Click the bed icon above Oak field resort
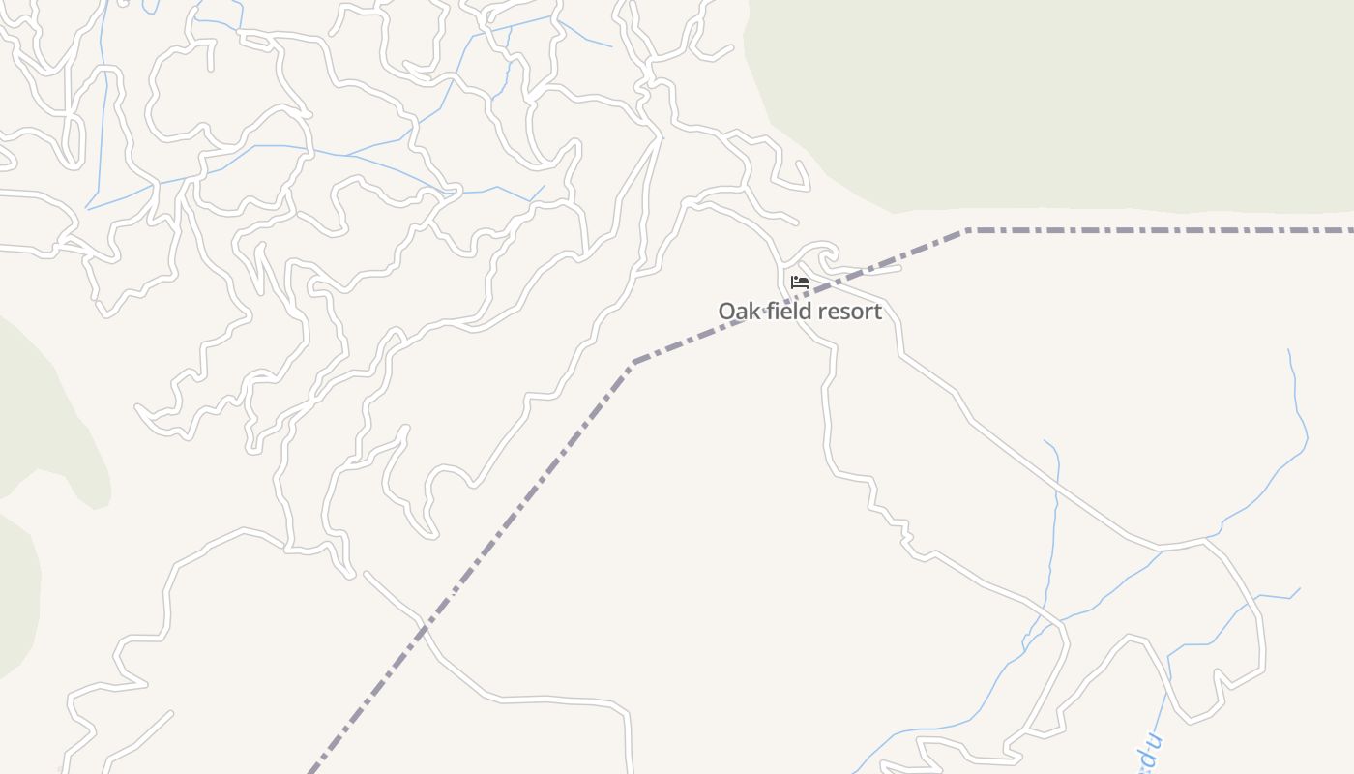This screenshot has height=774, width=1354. point(800,283)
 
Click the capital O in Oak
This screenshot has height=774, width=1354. point(726,312)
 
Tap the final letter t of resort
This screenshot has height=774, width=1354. point(878,312)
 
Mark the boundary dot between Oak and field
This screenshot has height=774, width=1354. point(765,312)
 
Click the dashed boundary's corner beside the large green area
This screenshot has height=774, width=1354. point(967,230)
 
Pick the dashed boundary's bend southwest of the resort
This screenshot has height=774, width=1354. point(633,362)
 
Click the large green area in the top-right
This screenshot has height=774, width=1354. point(1064,97)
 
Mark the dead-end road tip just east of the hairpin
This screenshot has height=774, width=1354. point(899,268)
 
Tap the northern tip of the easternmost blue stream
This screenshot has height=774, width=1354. point(1289,350)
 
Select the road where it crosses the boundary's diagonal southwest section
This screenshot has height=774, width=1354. point(426,627)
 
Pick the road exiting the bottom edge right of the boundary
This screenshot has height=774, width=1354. point(630,769)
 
